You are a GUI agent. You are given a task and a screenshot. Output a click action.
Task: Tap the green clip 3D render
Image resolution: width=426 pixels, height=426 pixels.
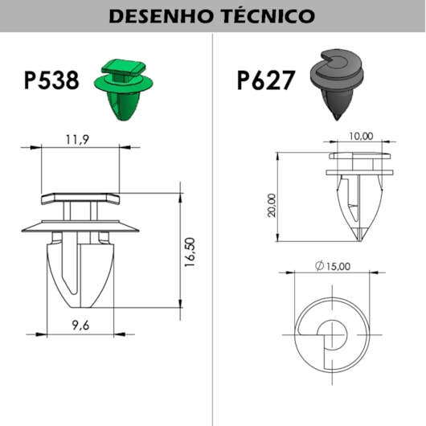(120, 88)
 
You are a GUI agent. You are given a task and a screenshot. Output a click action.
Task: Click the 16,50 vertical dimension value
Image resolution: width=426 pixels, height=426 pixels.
(190, 253)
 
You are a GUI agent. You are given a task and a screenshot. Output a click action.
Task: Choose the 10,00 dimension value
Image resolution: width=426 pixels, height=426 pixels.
(362, 137)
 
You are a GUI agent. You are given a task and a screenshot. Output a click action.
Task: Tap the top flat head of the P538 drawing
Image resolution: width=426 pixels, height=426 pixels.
(80, 197)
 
